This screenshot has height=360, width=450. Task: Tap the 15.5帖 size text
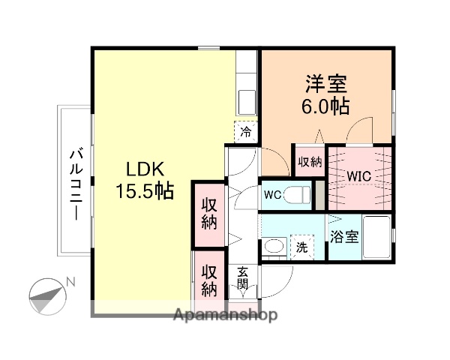144,191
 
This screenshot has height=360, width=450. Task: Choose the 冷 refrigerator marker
245,132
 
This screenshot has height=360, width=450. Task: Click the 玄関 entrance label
243,279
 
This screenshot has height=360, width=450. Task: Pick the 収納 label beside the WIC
310,160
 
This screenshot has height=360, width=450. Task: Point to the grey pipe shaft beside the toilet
320,195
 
